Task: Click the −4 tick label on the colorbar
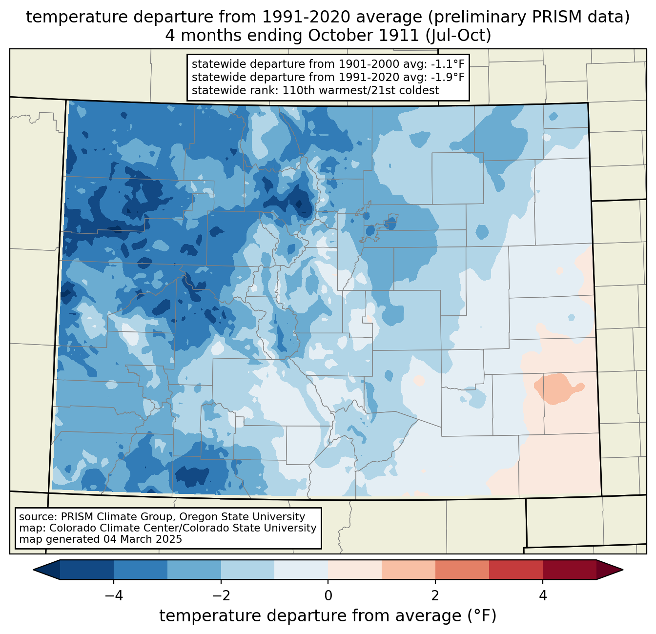[114, 595]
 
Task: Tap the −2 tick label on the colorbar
[221, 595]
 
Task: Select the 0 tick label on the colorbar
[328, 595]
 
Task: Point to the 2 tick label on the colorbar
[435, 595]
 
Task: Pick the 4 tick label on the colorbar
[543, 595]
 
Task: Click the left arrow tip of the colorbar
[33, 570]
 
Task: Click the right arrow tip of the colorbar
[623, 570]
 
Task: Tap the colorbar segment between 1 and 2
[408, 570]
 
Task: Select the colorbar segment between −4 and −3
[141, 570]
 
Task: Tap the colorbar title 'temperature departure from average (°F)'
[328, 615]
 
